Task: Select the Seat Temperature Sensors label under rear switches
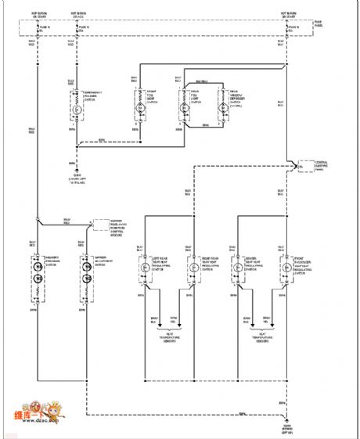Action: [x=165, y=338]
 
